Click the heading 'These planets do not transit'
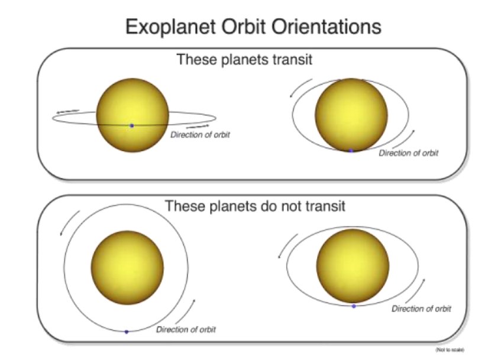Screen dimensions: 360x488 click(254, 206)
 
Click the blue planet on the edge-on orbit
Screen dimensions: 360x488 click(132, 125)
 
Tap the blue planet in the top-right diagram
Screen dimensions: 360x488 click(351, 151)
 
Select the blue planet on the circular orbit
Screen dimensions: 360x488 click(127, 332)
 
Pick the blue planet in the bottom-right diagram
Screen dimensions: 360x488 click(354, 306)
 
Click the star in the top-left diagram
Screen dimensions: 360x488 click(132, 115)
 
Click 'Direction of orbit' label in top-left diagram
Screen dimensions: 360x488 click(200, 135)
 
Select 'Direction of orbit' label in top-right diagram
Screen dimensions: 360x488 click(409, 153)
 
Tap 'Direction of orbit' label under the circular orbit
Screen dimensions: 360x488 click(186, 329)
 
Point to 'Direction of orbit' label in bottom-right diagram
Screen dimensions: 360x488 click(422, 309)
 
